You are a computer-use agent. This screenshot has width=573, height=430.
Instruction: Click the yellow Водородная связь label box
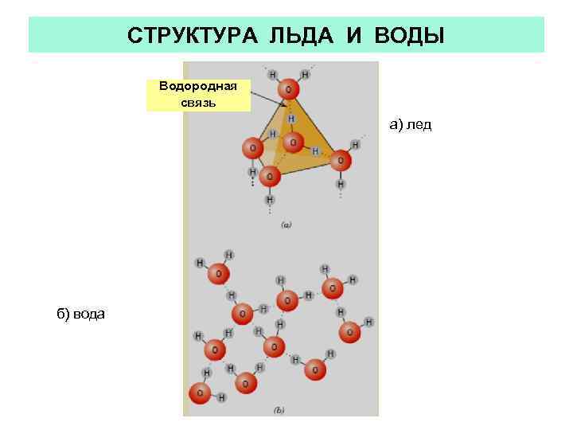198,95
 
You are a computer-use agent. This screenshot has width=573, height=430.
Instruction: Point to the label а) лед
410,125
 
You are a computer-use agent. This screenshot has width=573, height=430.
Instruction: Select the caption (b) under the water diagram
279,410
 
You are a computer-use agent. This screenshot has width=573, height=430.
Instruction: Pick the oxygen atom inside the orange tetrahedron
294,143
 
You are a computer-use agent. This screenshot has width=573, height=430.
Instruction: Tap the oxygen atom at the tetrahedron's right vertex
341,161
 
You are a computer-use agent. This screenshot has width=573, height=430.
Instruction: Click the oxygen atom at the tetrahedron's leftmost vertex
252,148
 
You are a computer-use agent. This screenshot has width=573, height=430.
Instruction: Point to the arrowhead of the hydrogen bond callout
286,107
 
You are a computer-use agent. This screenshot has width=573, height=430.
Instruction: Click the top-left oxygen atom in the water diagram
217,274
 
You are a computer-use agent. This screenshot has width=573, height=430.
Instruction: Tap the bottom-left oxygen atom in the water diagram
200,393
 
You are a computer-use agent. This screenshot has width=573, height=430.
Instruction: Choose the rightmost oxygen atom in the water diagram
349,331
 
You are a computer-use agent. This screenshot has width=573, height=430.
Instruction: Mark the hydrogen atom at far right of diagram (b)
369,322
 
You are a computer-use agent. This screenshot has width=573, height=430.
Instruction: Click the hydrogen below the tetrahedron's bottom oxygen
269,198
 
